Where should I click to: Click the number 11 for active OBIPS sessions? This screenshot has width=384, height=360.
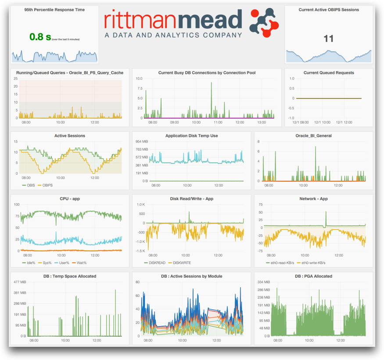coord(328,39)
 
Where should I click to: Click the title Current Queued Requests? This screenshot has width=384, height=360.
coord(328,73)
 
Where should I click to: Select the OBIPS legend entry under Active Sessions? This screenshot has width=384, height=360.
coord(46,185)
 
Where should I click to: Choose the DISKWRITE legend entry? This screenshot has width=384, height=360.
coord(182,263)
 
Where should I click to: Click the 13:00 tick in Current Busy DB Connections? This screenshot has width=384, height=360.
coord(262,122)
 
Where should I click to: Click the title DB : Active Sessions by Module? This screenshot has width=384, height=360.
coord(191,276)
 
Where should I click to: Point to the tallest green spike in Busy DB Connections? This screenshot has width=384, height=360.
coord(211,83)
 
